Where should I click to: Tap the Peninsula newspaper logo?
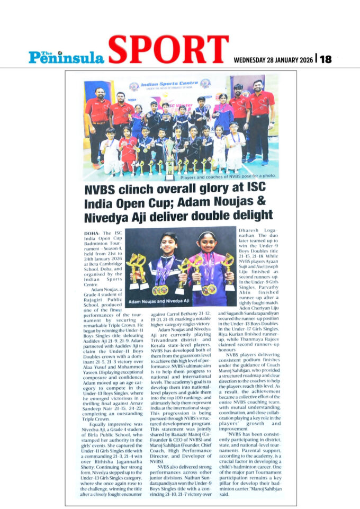pos(67,56)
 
